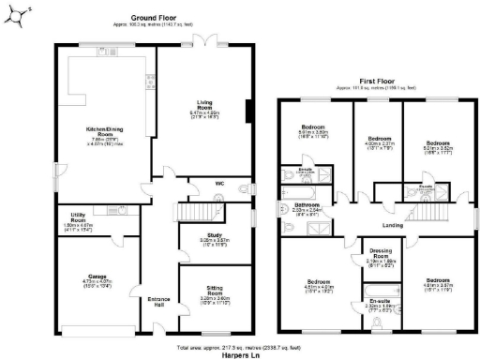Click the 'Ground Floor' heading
[154, 16]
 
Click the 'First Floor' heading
[377, 82]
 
